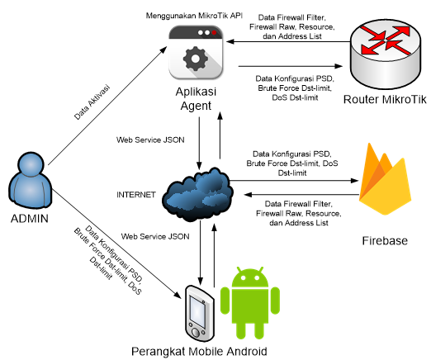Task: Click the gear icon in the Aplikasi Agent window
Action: click(196, 59)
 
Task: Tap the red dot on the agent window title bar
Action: click(214, 33)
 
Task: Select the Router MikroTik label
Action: click(385, 99)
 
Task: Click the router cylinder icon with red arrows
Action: click(386, 54)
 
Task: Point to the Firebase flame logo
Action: click(385, 179)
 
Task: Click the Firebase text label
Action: click(385, 240)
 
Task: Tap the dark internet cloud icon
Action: click(197, 194)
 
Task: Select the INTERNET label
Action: click(136, 195)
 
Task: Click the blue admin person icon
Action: click(31, 179)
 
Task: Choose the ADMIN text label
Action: click(30, 219)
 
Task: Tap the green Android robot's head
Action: click(250, 277)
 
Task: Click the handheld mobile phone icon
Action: click(200, 314)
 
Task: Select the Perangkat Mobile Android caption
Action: click(199, 352)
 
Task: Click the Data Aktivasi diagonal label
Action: click(92, 102)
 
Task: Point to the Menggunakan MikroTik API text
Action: click(194, 16)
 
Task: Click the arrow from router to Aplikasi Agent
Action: click(288, 42)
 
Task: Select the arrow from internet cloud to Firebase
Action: click(294, 181)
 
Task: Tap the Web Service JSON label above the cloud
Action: click(150, 140)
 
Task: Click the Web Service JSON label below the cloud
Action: click(155, 236)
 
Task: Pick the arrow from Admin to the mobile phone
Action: click(116, 244)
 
